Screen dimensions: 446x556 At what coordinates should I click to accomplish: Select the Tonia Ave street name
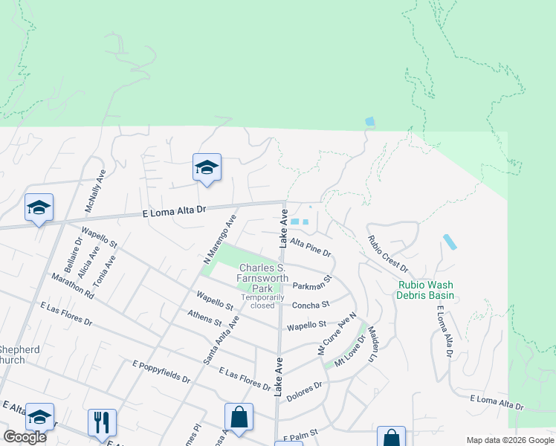point(109,272)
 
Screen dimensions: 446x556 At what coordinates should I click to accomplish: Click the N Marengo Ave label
point(219,239)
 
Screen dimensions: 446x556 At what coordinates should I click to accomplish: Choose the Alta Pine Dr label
point(310,248)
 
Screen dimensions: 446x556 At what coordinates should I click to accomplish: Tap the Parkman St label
point(311,285)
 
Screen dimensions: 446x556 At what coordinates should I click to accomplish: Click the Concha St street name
point(310,305)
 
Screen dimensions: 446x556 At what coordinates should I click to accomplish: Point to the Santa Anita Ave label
point(222,339)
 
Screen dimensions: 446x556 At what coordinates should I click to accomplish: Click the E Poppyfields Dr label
point(161,371)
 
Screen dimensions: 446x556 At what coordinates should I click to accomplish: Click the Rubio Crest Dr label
point(388,253)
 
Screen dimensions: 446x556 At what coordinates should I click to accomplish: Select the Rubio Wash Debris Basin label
point(426,290)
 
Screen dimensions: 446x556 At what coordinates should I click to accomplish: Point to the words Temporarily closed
point(262,301)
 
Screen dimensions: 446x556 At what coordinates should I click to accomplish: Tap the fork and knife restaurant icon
point(101,421)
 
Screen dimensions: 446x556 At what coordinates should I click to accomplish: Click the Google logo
point(25,437)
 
